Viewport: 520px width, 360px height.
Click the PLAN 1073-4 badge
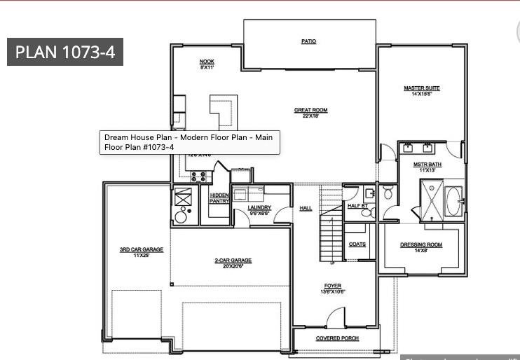[x=65, y=52]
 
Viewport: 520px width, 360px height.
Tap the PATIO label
[x=308, y=41]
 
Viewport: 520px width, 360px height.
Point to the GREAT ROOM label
[x=310, y=111]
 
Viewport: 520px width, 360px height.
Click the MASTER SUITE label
[x=421, y=89]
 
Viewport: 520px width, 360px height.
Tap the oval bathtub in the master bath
[x=453, y=201]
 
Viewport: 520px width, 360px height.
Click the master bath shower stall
[x=431, y=198]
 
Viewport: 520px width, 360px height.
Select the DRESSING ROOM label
[x=420, y=245]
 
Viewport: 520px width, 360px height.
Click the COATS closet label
[x=357, y=244]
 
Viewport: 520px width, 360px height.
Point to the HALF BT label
[x=357, y=206]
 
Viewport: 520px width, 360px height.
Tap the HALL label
[x=306, y=208]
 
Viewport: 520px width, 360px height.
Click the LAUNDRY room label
[x=259, y=208]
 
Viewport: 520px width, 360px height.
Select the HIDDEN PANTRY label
[x=219, y=198]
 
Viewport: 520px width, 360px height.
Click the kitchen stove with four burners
[x=198, y=176]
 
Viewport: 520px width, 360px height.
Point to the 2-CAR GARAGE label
[x=233, y=261]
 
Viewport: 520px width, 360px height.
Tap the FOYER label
[x=333, y=286]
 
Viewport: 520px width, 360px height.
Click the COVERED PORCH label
[x=337, y=338]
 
